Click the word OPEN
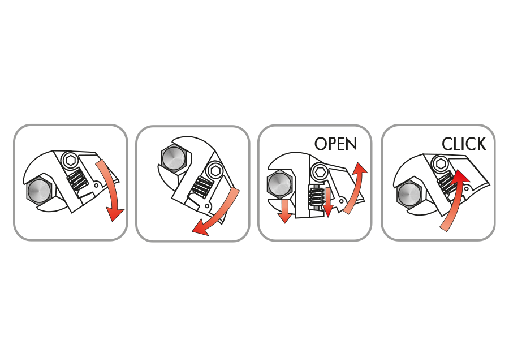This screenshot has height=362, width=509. (x=335, y=144)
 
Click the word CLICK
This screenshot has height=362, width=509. (x=464, y=144)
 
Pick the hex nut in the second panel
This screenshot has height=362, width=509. (x=174, y=157)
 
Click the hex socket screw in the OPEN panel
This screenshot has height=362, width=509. (x=319, y=171)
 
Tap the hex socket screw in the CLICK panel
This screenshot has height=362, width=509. (x=441, y=163)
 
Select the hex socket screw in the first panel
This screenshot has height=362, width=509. (x=70, y=160)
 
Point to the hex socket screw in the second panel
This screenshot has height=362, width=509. (x=215, y=171)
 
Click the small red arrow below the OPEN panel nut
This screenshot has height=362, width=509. (x=285, y=211)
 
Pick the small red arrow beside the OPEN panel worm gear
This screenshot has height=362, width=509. (x=328, y=202)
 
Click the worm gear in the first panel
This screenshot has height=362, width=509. (x=77, y=180)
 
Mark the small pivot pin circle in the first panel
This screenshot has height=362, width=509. (x=96, y=186)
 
